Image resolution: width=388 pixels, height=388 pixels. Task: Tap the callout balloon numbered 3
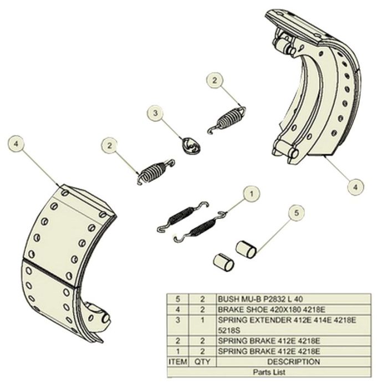[156, 113]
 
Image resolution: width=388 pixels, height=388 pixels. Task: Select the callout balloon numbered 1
[252, 193]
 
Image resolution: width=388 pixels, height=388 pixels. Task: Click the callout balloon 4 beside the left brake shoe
[17, 144]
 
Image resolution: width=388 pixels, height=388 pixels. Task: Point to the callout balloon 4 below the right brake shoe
[355, 186]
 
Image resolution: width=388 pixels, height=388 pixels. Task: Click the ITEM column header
[177, 361]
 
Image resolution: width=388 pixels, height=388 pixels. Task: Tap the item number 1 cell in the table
[177, 351]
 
